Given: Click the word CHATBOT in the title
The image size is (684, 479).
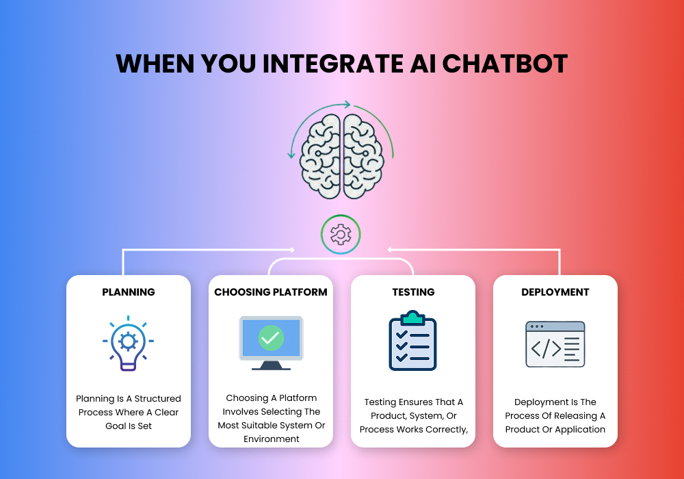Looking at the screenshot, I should [505, 63].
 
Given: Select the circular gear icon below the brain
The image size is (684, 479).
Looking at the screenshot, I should [341, 235].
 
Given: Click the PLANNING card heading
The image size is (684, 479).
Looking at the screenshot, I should [129, 292].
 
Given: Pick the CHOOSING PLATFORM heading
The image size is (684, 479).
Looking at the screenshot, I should [271, 292].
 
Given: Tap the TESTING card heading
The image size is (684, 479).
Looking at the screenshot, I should [413, 292].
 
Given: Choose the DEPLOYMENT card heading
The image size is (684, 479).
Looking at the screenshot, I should [555, 292].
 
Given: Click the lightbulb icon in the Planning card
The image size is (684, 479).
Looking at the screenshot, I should [128, 342].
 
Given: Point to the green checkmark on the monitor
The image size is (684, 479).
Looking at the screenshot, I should [271, 337].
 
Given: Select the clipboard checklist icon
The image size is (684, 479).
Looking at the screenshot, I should [412, 341].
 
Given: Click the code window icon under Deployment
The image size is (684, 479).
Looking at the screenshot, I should [555, 344].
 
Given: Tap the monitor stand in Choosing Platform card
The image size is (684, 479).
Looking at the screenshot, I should [271, 365].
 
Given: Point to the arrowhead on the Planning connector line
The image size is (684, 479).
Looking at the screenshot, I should [293, 250].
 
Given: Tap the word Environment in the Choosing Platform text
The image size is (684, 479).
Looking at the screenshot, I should [271, 439].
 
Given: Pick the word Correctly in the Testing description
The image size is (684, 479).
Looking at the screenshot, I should [443, 430].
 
